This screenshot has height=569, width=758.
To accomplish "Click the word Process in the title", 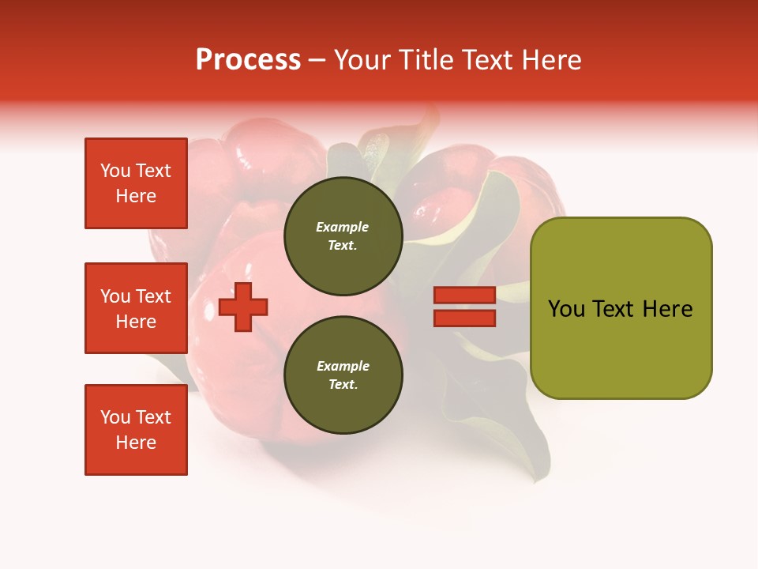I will click(248, 59).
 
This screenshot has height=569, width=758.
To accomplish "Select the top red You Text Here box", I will click(136, 183).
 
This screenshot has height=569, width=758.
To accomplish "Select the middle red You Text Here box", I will click(136, 308).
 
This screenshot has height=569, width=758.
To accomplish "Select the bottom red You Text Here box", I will click(136, 430).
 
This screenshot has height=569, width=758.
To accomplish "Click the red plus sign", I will click(243, 307).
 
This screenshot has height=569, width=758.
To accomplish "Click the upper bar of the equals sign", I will click(464, 296).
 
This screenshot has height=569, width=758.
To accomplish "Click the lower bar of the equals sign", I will click(464, 318).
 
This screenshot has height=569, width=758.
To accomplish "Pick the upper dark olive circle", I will click(343, 236).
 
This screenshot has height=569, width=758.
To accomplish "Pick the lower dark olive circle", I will click(343, 375).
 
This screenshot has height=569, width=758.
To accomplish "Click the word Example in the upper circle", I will click(342, 227).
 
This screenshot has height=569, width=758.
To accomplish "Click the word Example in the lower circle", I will click(342, 366).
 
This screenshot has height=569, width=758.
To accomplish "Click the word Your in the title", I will click(361, 60).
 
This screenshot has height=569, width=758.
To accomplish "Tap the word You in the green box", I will click(566, 309).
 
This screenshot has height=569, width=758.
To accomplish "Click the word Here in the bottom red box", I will click(136, 443).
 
